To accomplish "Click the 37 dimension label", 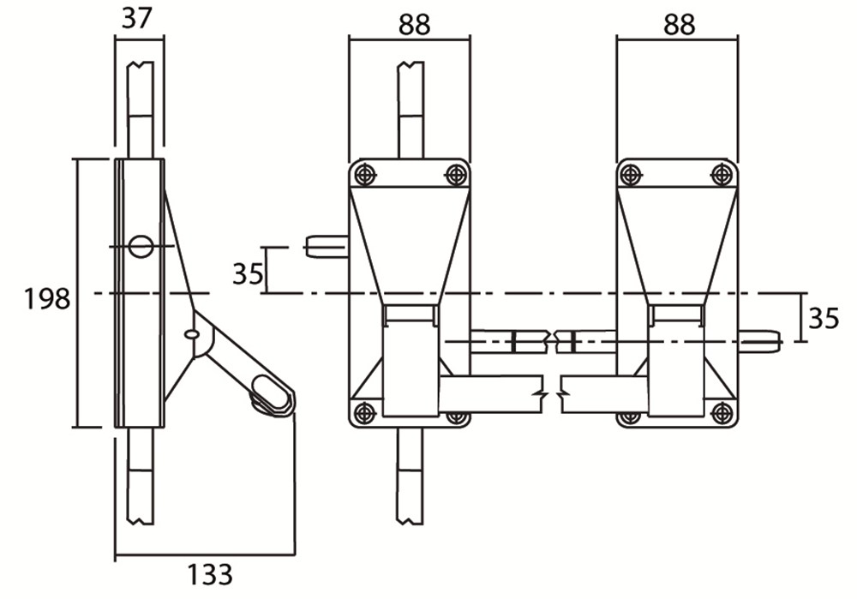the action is point(136,19).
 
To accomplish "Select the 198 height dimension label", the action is point(47,299).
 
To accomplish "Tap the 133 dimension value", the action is point(210,574).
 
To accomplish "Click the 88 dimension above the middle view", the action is point(414,25).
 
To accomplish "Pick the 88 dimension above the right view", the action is point(680,25).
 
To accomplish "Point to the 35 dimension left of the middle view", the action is point(249,273).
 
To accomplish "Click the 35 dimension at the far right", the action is point(823,318).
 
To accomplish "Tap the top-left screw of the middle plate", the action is point(363,175).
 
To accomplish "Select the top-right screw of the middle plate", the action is point(456,175).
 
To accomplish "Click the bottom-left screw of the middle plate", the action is point(363,412).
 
